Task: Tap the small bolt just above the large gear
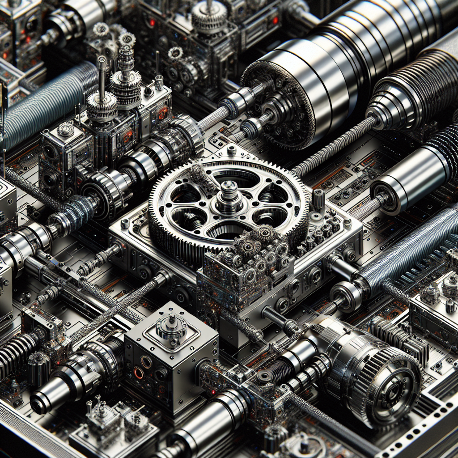click(231, 149)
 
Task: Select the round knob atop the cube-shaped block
click(171, 325)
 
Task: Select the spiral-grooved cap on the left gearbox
click(66, 130)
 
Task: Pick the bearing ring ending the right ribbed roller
click(346, 296)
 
